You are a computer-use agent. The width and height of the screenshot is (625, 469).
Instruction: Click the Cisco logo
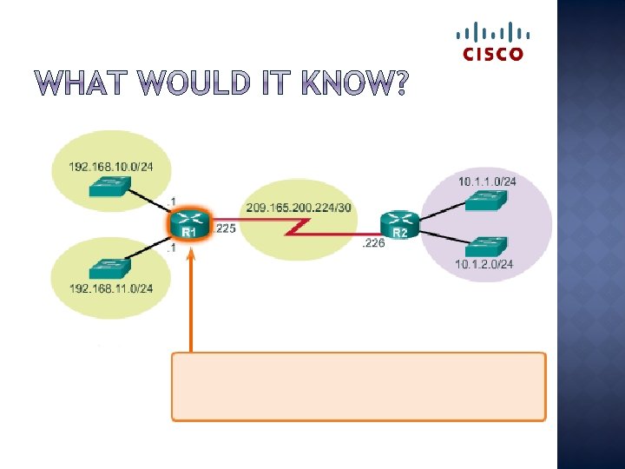pos(490,43)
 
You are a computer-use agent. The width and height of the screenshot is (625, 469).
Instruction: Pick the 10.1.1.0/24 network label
pos(487,182)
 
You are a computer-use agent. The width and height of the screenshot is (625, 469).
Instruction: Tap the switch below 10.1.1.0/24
pos(487,201)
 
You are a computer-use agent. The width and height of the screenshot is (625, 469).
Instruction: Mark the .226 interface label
pos(373,244)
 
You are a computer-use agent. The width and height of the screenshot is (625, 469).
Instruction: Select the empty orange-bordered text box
pos(359,386)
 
